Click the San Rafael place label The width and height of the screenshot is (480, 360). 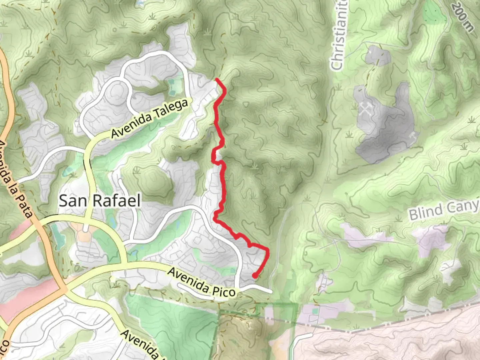(99, 201)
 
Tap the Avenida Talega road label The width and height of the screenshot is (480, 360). (150, 119)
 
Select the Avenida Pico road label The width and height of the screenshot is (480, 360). (201, 282)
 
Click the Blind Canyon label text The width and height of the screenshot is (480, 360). (443, 210)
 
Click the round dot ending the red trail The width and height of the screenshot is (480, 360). (255, 276)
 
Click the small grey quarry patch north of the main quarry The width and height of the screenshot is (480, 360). (377, 55)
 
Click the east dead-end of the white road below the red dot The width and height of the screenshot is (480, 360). (271, 292)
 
